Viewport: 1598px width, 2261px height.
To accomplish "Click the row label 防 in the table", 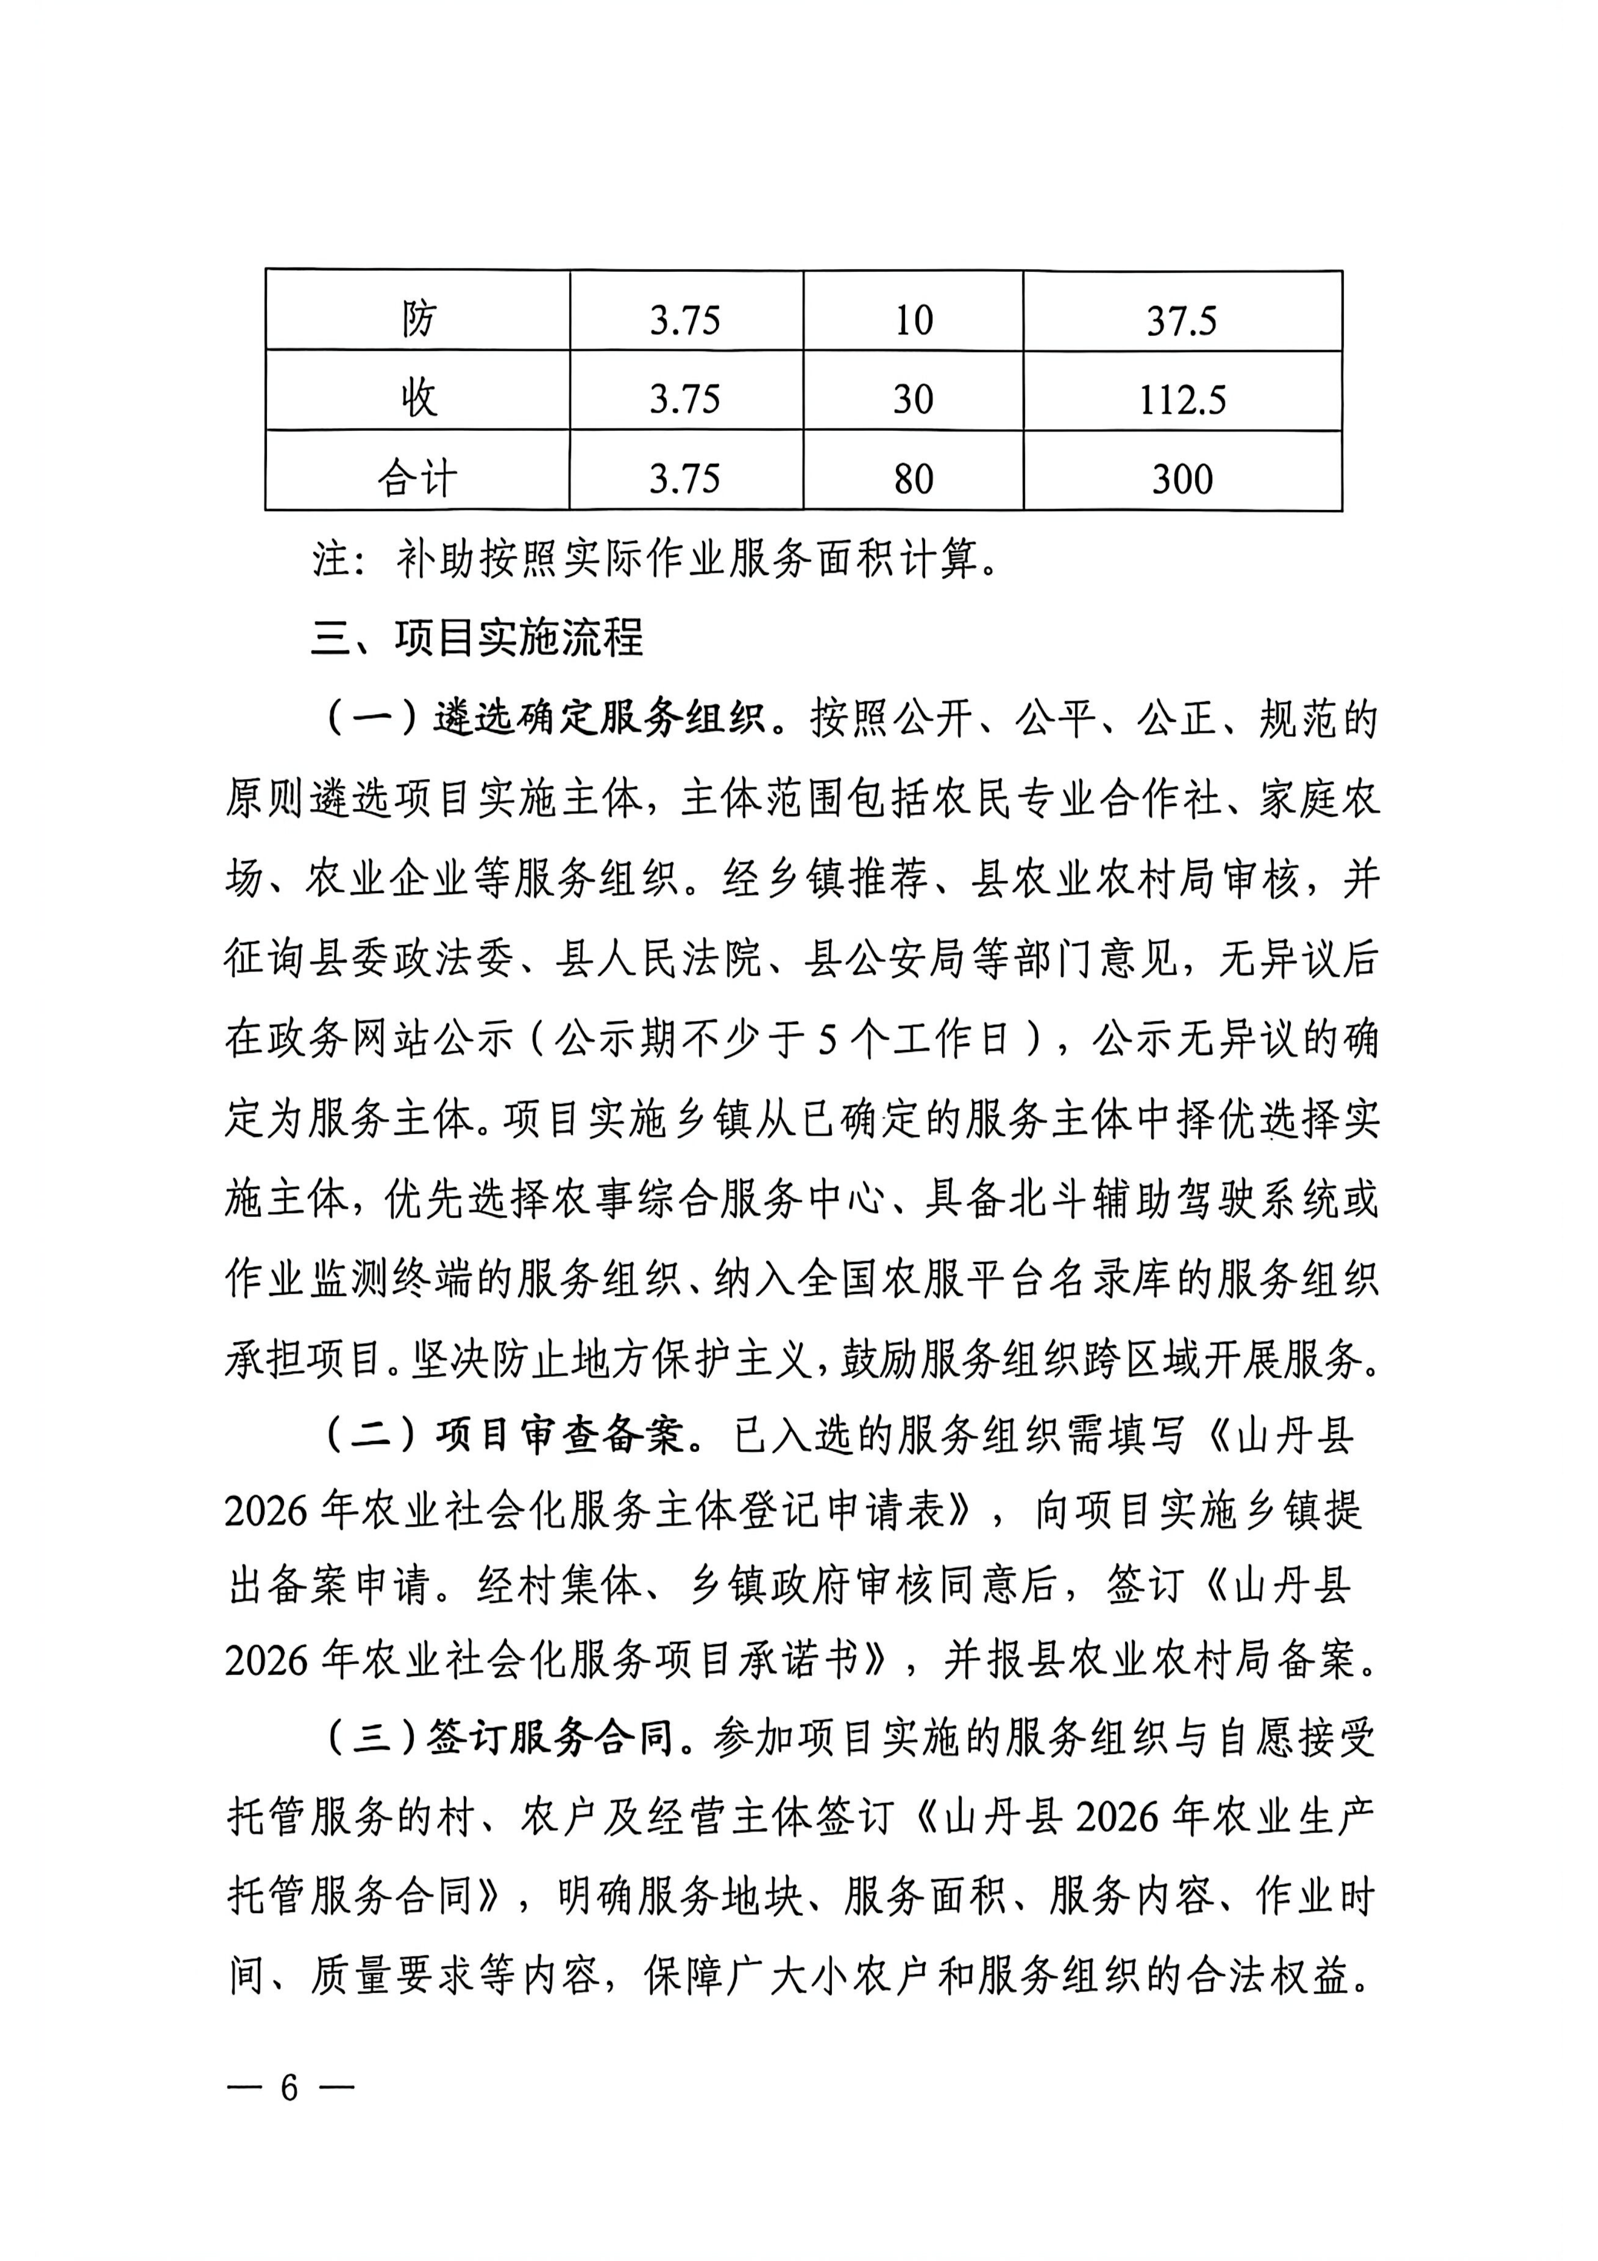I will pyautogui.click(x=418, y=319).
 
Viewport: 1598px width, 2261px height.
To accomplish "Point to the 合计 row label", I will pyautogui.click(x=418, y=479).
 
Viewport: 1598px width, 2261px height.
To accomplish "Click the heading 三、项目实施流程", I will pyautogui.click(x=477, y=638).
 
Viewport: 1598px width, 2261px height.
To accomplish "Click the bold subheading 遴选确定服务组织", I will pyautogui.click(x=599, y=720).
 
